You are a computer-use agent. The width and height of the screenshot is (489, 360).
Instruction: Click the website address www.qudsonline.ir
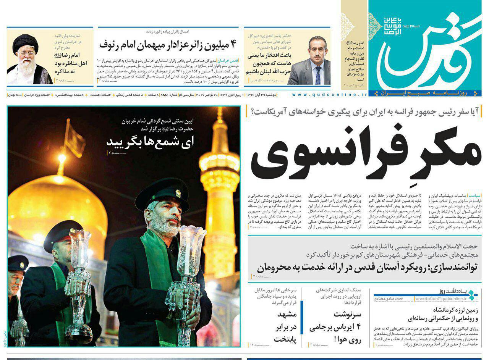pos(329,94)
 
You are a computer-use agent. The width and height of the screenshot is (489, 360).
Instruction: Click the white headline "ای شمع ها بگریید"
pos(150,142)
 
